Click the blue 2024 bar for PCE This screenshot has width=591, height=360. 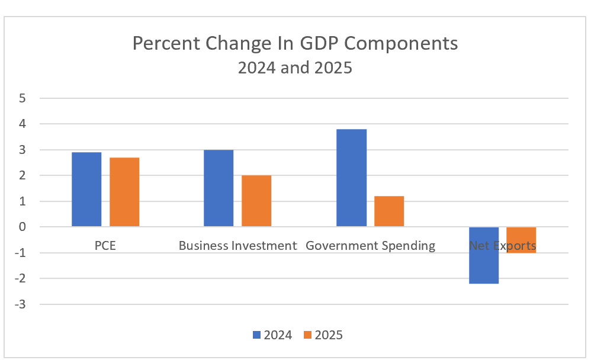[x=86, y=189]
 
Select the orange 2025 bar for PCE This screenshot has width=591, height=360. [x=124, y=192]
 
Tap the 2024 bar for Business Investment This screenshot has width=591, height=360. [x=219, y=188]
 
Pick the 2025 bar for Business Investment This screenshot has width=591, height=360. [x=256, y=201]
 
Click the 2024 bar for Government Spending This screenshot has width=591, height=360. [x=351, y=178]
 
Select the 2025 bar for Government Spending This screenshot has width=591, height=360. [x=389, y=211]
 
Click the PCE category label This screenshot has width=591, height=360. [x=105, y=245]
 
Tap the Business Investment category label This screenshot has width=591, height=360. [x=237, y=245]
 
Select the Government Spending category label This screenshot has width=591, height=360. [x=370, y=245]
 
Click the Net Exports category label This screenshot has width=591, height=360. [x=502, y=245]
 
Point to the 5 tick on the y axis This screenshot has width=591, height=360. [x=23, y=98]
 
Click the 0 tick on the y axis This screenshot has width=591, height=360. [x=23, y=227]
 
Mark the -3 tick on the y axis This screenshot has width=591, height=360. [x=21, y=304]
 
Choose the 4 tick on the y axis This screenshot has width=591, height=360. [x=23, y=124]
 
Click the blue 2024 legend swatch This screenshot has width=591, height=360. [x=257, y=335]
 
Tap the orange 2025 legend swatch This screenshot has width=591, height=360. [x=307, y=335]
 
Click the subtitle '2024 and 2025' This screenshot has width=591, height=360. [x=295, y=67]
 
